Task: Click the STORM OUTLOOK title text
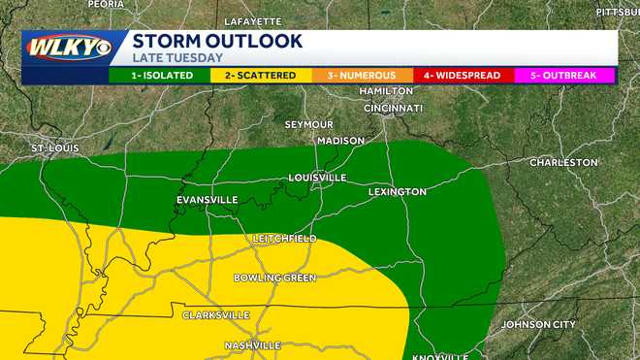pyautogui.click(x=216, y=41)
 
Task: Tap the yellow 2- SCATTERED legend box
pyautogui.click(x=259, y=75)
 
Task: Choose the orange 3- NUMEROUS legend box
pyautogui.click(x=361, y=75)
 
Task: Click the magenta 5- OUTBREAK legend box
pyautogui.click(x=564, y=75)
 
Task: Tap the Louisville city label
pyautogui.click(x=317, y=178)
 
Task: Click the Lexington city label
pyautogui.click(x=397, y=192)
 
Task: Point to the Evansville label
pyautogui.click(x=207, y=200)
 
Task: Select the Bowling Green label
pyautogui.click(x=274, y=278)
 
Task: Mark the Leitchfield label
pyautogui.click(x=284, y=239)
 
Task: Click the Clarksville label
pyautogui.click(x=216, y=315)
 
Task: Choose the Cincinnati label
pyautogui.click(x=393, y=108)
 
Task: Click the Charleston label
pyautogui.click(x=562, y=162)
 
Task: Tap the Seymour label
pyautogui.click(x=308, y=125)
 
